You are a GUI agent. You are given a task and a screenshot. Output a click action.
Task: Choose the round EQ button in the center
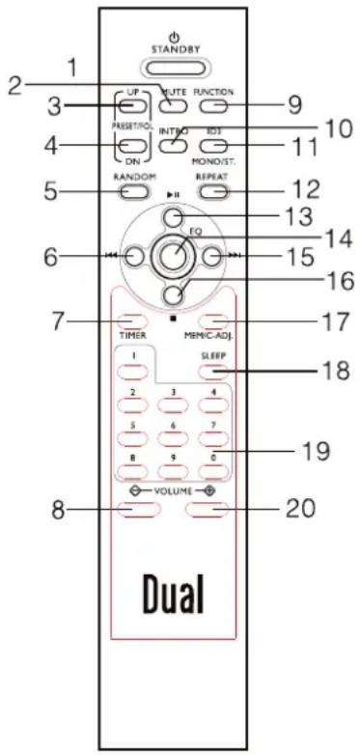click(174, 257)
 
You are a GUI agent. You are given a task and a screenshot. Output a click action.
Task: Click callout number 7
click(59, 320)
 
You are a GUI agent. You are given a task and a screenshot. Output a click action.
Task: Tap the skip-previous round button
click(134, 257)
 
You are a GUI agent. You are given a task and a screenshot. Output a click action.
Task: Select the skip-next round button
click(213, 257)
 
